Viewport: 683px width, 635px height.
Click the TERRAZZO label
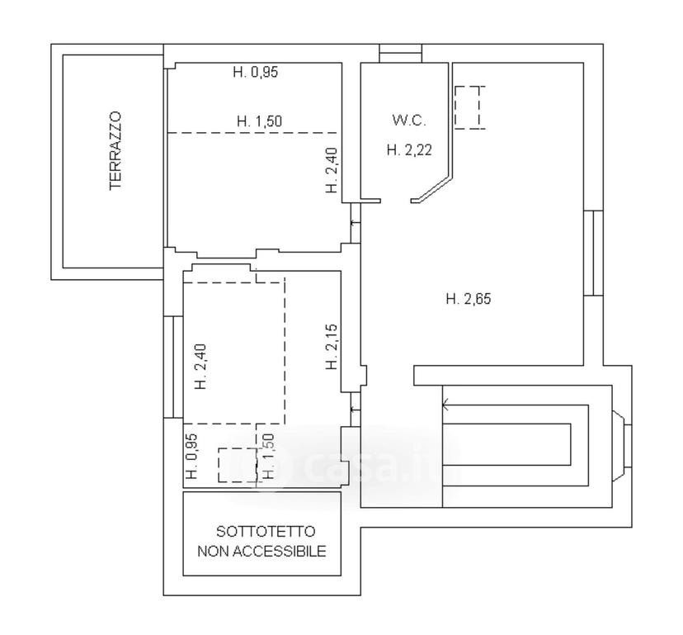[115, 151]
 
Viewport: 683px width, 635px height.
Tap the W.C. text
[409, 121]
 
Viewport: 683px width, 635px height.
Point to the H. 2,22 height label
[409, 150]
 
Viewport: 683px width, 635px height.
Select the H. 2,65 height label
[469, 299]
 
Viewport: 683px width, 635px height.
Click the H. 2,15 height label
[332, 347]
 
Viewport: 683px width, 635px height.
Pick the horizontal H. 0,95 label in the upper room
[256, 72]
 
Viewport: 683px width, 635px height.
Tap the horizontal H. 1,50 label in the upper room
[259, 121]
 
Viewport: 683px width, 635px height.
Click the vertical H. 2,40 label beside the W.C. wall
[332, 171]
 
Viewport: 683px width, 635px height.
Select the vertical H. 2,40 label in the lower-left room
[200, 367]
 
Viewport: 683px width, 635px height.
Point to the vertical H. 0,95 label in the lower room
[191, 456]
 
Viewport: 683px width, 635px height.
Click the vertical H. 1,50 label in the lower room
[268, 456]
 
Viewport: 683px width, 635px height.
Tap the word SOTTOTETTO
[266, 532]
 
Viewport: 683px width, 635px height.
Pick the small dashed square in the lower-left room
[237, 465]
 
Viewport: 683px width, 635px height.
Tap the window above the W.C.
[400, 53]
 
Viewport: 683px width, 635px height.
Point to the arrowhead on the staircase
[445, 405]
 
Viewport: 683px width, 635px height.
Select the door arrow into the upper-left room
[355, 223]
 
